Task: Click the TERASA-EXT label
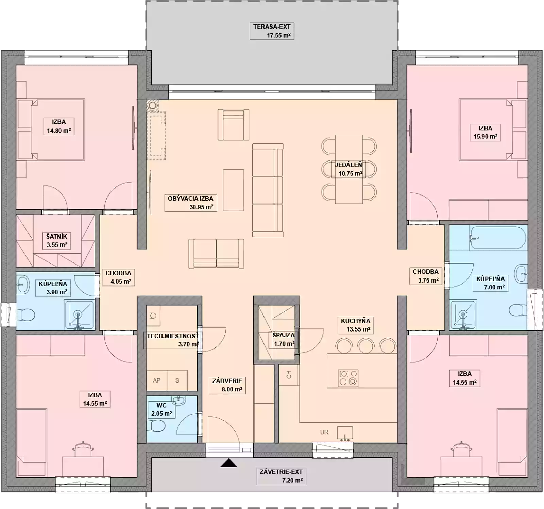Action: click(272, 31)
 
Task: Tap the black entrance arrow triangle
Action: click(228, 463)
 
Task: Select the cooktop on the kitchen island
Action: click(348, 378)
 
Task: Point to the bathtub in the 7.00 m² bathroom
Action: click(498, 238)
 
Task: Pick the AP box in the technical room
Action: click(157, 380)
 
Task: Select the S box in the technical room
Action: click(177, 380)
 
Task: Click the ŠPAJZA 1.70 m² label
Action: click(284, 339)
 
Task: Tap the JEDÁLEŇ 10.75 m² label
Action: click(349, 169)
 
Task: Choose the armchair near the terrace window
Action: click(233, 125)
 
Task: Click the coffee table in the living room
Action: click(233, 190)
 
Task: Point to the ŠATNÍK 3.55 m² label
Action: click(57, 240)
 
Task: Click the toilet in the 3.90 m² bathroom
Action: click(26, 315)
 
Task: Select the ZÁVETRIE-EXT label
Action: click(281, 476)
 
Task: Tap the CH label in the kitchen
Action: click(289, 375)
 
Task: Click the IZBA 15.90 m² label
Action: click(485, 132)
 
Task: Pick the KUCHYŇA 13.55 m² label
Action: click(356, 325)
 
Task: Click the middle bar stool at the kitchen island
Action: click(366, 346)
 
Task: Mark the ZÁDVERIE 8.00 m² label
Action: click(227, 385)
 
